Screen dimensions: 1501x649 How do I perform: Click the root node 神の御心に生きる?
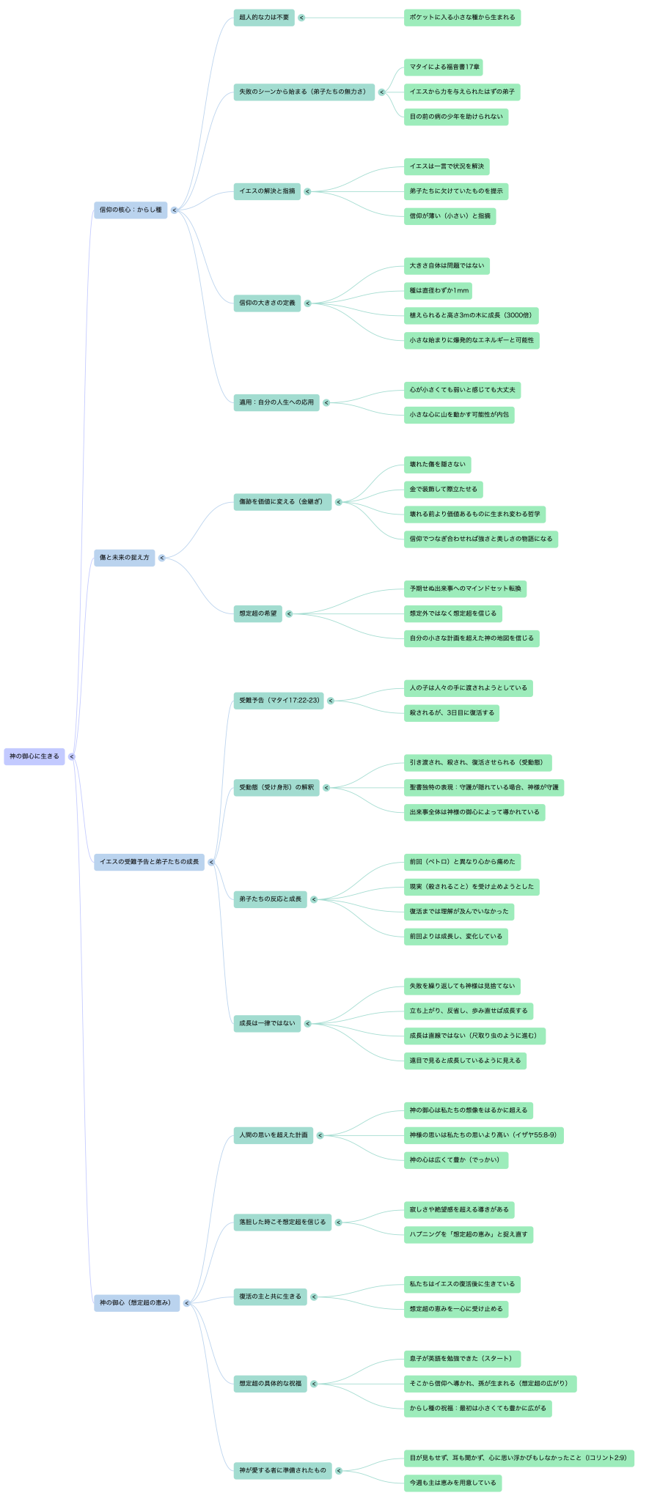click(x=34, y=756)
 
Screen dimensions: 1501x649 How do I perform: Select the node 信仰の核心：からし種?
click(x=131, y=210)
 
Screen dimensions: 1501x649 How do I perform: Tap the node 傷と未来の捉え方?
click(x=124, y=558)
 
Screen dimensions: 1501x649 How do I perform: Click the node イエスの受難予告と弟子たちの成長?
click(x=149, y=862)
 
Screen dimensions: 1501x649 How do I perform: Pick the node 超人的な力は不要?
click(x=263, y=18)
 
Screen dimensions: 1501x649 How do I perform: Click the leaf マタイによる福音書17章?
click(x=443, y=67)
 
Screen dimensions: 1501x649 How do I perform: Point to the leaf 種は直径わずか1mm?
click(x=438, y=291)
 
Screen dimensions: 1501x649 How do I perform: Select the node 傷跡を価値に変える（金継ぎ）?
click(x=282, y=502)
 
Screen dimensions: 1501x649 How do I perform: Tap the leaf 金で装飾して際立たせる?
click(x=443, y=490)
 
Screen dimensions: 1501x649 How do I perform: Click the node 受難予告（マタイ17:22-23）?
click(x=278, y=701)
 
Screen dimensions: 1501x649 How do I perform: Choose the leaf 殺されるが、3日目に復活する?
click(x=451, y=713)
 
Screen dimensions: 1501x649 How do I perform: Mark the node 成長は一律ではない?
click(x=266, y=1023)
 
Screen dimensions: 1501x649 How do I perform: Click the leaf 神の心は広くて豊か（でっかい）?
click(x=455, y=1160)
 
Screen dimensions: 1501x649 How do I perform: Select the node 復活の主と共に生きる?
click(x=270, y=1297)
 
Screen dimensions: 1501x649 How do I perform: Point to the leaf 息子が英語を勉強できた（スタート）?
click(x=461, y=1359)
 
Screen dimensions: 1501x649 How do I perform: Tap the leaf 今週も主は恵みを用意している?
click(x=452, y=1483)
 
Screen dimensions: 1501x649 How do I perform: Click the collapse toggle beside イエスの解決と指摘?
click(x=307, y=192)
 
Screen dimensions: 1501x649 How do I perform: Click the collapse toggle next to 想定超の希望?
click(x=289, y=613)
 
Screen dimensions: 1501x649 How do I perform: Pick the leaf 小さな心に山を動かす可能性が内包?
click(x=458, y=415)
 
